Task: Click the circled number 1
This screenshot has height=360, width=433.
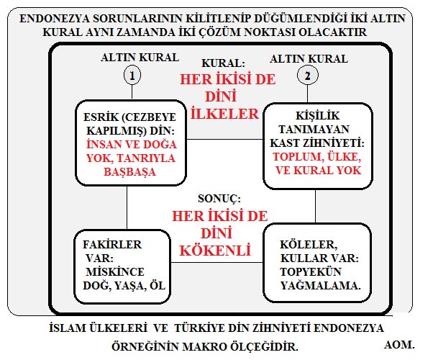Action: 132,75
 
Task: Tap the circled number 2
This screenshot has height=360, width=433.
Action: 308,75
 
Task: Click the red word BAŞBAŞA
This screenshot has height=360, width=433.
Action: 129,172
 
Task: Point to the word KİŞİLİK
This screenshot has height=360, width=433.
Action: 318,116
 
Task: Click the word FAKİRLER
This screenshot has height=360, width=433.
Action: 112,244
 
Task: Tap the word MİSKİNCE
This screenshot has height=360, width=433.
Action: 115,271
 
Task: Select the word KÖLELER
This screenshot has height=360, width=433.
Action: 309,245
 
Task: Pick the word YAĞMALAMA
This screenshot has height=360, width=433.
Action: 321,286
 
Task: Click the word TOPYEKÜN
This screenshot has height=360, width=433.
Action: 311,271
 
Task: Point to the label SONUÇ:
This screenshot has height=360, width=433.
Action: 219,199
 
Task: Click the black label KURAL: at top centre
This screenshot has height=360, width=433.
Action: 223,63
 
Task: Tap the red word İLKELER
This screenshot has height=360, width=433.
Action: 224,114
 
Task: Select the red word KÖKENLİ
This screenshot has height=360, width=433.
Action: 215,251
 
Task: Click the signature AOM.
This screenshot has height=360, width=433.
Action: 399,344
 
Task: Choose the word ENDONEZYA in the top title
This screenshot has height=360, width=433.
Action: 55,19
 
